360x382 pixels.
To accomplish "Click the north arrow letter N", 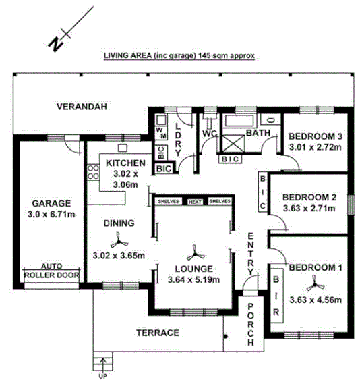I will click(x=57, y=43).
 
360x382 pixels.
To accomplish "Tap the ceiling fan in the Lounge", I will click(x=195, y=254).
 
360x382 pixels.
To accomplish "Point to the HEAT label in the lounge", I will click(x=195, y=202).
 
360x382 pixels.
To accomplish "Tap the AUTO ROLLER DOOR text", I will click(x=51, y=271).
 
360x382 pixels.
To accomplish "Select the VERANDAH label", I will click(x=82, y=107).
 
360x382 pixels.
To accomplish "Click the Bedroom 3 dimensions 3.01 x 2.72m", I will click(x=315, y=146).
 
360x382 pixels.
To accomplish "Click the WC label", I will click(x=208, y=134).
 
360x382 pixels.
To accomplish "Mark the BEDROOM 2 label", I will click(x=308, y=197).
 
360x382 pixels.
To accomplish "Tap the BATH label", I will click(x=258, y=134).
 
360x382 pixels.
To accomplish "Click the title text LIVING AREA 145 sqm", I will click(x=179, y=56).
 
